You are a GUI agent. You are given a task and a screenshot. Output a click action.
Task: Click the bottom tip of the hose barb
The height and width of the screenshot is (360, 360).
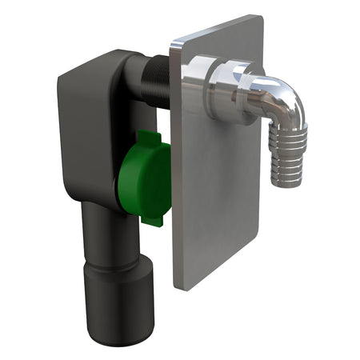[x=282, y=182]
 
